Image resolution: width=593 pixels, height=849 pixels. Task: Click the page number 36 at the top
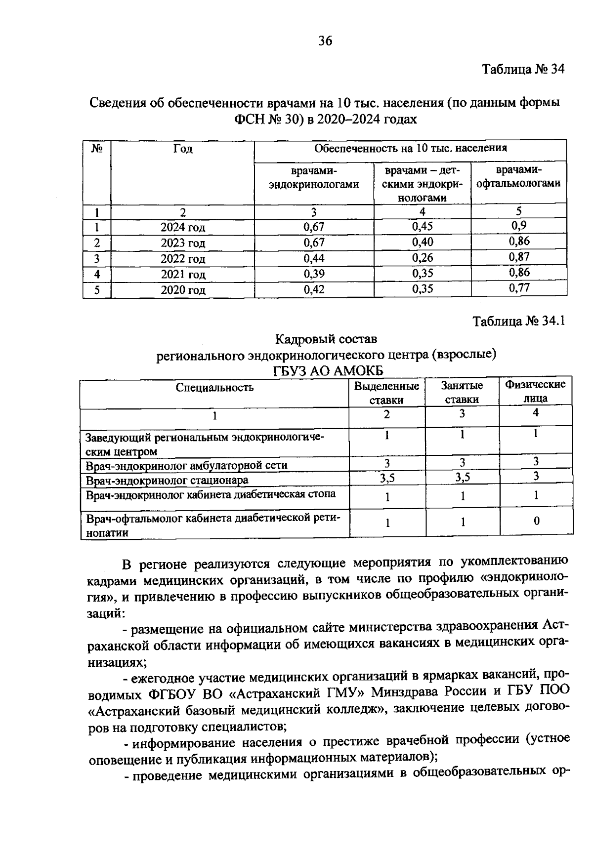tap(325, 41)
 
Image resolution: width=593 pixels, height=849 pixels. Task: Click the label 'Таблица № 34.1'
tap(518, 322)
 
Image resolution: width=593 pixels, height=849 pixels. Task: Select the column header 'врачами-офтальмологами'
tap(518, 177)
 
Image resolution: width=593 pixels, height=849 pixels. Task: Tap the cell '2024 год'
tap(182, 228)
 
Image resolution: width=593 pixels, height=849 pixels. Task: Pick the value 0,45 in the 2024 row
tap(422, 227)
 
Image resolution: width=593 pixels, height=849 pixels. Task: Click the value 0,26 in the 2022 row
tap(422, 258)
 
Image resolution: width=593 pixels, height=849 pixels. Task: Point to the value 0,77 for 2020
tap(519, 288)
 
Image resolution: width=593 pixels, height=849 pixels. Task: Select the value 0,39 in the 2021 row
tap(314, 274)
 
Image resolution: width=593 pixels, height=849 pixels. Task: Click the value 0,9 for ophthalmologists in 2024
tap(519, 226)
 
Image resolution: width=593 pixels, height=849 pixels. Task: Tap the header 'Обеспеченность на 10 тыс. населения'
tap(410, 148)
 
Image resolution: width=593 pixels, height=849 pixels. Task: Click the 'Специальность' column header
tap(214, 388)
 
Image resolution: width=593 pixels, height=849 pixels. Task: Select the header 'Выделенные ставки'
tap(386, 393)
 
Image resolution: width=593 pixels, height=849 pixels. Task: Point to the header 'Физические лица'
tap(535, 391)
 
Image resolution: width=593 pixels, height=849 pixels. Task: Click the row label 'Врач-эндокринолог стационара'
tap(167, 480)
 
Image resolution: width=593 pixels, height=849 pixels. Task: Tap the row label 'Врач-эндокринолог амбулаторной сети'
tap(186, 465)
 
